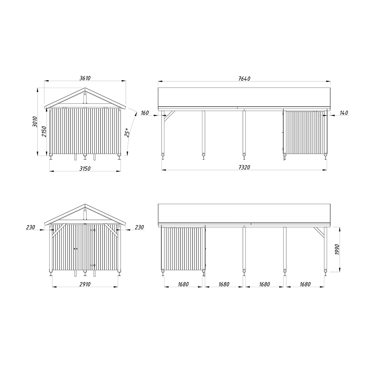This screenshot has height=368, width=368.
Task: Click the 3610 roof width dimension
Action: [85, 78]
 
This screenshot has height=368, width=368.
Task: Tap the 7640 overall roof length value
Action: [244, 78]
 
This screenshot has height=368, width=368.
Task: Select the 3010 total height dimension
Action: [35, 121]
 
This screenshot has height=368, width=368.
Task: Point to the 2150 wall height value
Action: [44, 132]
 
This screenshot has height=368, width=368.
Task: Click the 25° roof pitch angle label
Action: [127, 132]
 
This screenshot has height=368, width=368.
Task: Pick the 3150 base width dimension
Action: [85, 169]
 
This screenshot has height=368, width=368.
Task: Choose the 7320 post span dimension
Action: [244, 167]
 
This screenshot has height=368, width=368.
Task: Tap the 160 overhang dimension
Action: [145, 113]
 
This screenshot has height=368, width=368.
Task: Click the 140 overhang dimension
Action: [344, 113]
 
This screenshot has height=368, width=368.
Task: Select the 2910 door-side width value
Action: [85, 284]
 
